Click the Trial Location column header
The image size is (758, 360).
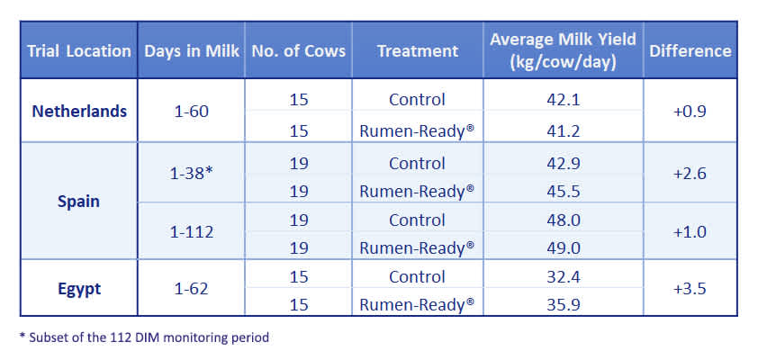(x=79, y=50)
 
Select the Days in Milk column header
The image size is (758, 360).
(x=192, y=50)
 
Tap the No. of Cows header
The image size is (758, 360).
(x=298, y=50)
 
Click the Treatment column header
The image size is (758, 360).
(x=417, y=50)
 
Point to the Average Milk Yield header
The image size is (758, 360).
(x=563, y=50)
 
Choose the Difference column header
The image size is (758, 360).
(x=690, y=50)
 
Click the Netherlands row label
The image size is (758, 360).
(x=79, y=112)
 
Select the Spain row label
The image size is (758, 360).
(x=79, y=201)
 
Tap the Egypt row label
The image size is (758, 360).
(x=79, y=290)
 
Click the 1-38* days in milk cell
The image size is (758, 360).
(x=192, y=174)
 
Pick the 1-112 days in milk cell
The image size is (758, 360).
(x=192, y=232)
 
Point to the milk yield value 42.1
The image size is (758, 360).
(x=563, y=99)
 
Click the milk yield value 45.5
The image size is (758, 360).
(x=563, y=190)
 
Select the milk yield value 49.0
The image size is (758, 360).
(x=563, y=247)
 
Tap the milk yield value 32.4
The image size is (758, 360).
(x=563, y=276)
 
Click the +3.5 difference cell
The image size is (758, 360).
(x=690, y=290)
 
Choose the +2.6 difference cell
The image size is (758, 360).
(x=690, y=174)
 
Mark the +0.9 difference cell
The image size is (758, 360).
(x=690, y=112)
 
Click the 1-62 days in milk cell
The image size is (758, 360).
(x=192, y=290)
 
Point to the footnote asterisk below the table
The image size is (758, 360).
(x=23, y=337)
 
